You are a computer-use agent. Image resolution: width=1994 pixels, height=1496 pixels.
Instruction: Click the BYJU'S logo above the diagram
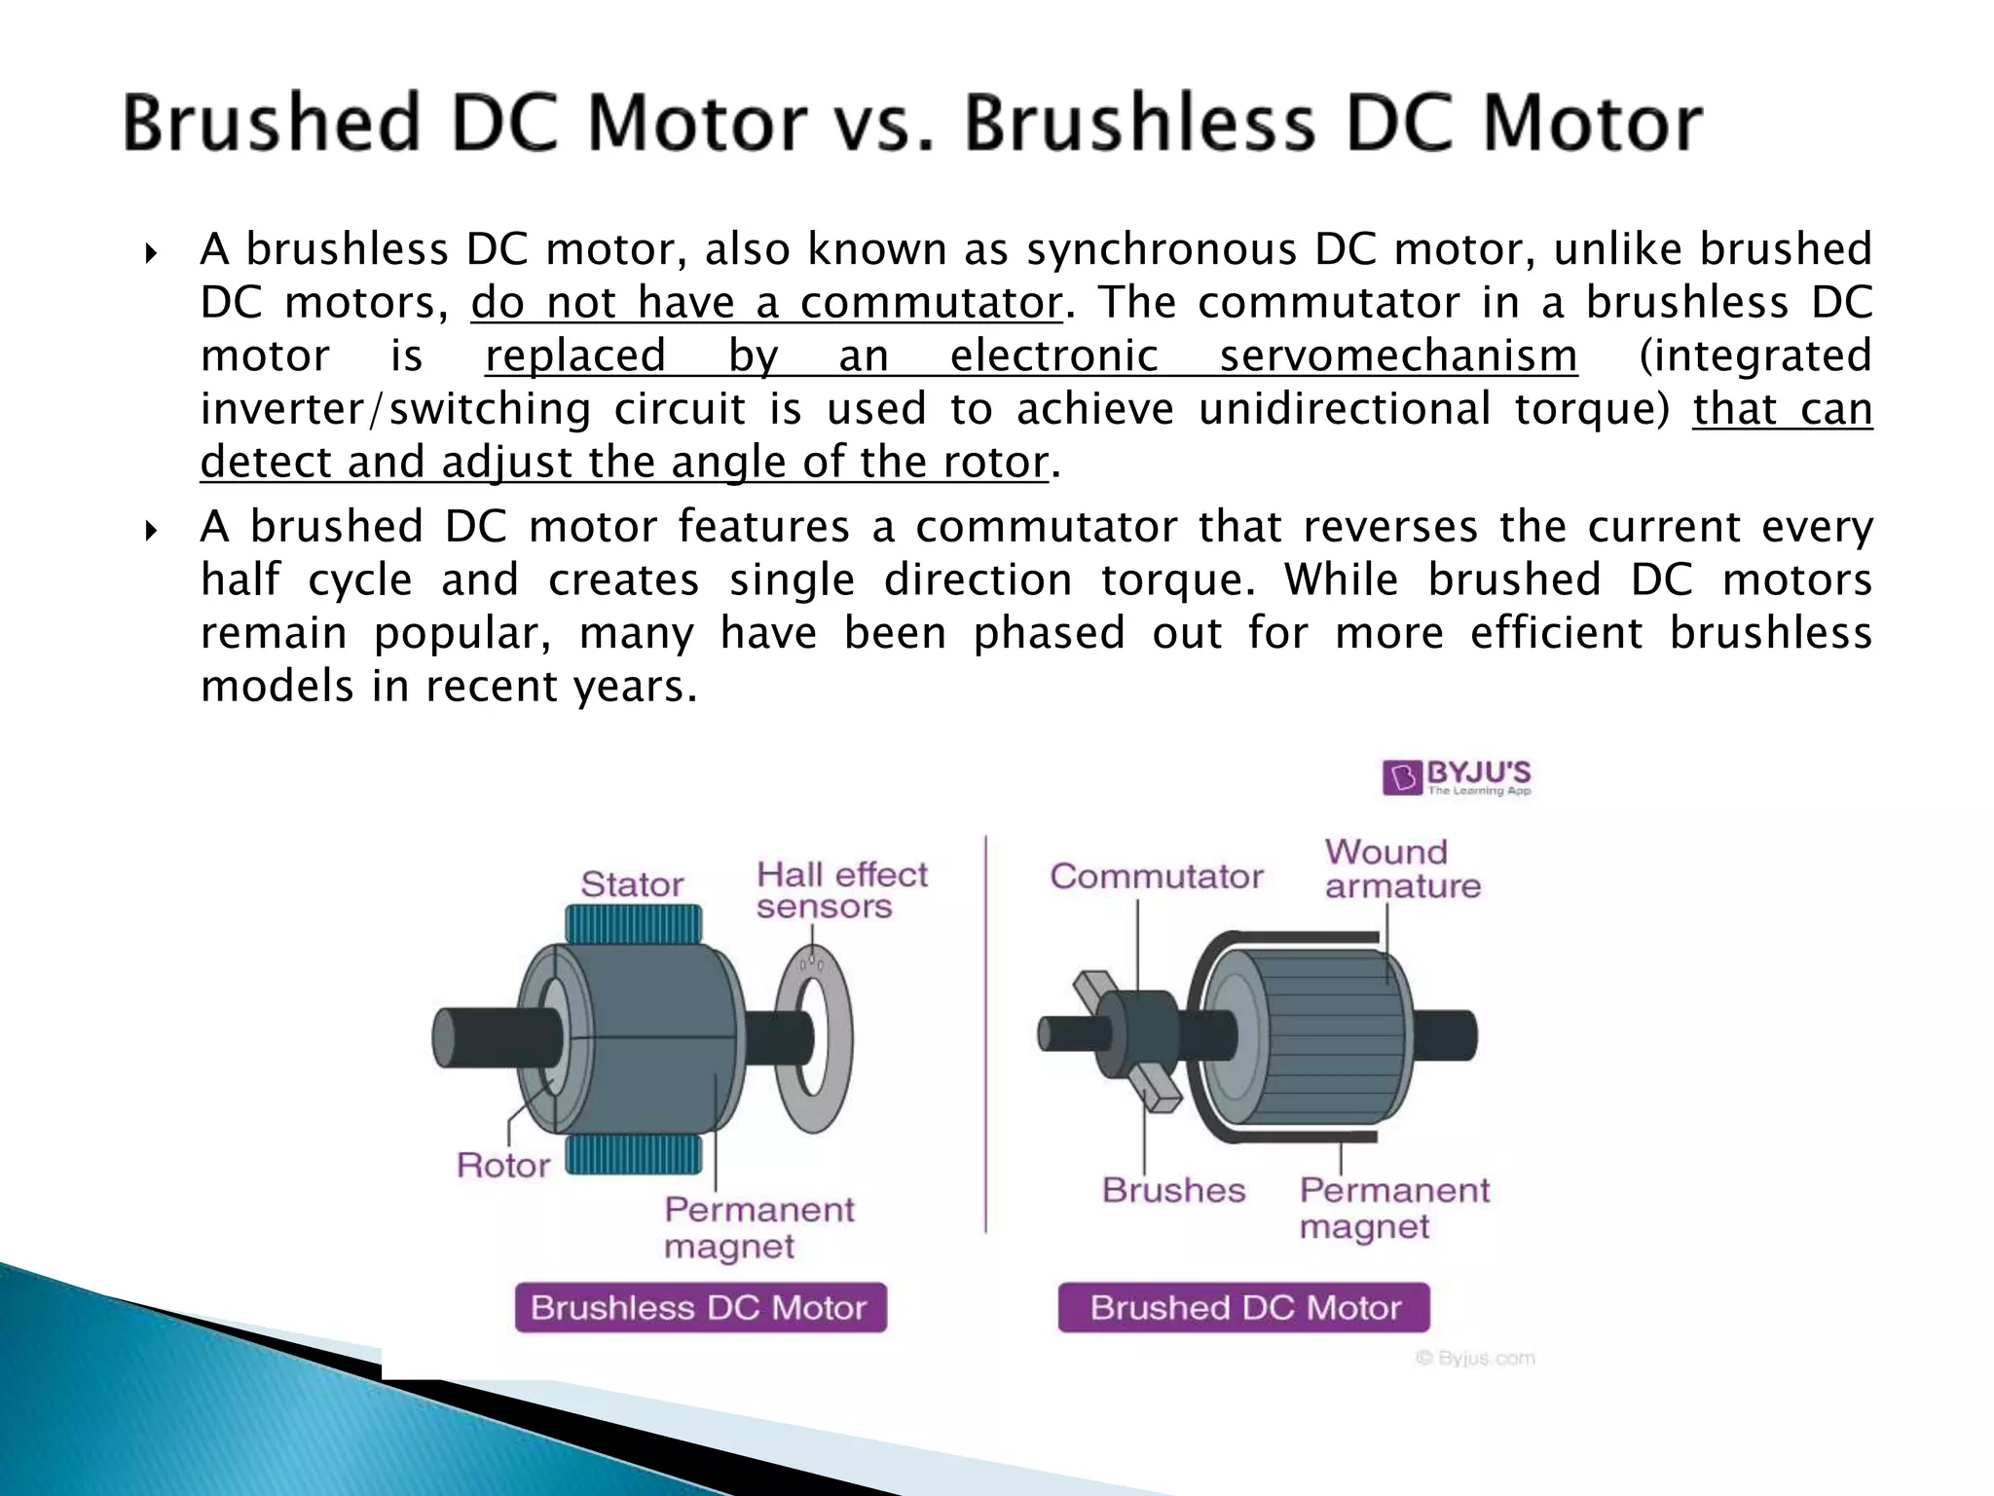coord(1457,777)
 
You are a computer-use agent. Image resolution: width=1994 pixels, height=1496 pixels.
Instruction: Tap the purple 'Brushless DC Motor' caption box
coord(700,1307)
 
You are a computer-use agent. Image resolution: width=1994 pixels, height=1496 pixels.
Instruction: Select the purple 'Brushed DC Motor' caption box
coord(1244,1307)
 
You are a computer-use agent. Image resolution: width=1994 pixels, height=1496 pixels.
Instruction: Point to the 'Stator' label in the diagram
coord(632,884)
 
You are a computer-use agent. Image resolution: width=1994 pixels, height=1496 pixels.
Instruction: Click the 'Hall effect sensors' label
coord(841,889)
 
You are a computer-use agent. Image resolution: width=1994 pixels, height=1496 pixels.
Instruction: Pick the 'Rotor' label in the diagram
coord(503,1165)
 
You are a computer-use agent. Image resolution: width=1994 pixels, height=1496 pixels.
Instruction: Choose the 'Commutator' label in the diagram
coord(1156,877)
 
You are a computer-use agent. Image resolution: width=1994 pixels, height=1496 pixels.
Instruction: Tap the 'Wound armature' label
coord(1401,869)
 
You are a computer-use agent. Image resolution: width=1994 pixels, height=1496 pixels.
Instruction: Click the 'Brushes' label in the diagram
coord(1173,1190)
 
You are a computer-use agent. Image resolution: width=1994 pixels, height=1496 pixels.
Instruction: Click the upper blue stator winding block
coord(634,923)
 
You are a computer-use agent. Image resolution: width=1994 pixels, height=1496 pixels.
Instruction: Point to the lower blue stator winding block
coord(634,1155)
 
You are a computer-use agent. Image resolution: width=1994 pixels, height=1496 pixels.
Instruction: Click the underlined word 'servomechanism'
coord(1398,355)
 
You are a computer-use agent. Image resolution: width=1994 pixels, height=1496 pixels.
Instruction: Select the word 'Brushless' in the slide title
coord(1140,124)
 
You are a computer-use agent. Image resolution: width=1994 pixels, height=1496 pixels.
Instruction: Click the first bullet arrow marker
coord(151,255)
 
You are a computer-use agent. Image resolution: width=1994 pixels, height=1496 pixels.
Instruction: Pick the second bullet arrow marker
coord(151,532)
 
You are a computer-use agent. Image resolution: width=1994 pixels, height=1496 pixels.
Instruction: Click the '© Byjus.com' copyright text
coord(1475,1358)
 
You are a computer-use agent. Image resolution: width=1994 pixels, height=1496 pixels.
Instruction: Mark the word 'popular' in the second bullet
coord(462,634)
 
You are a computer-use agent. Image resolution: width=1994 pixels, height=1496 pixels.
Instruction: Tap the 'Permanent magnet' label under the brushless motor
coord(758,1227)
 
